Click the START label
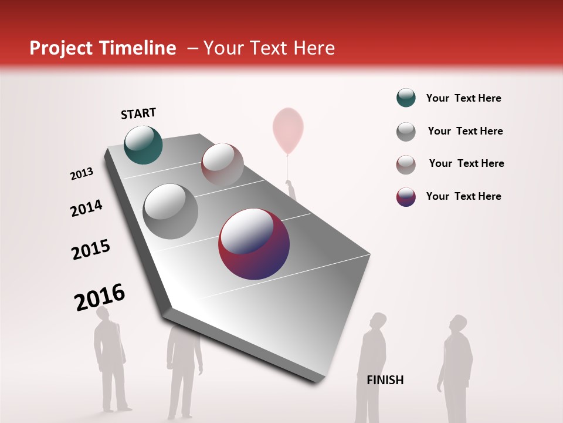pos(138,113)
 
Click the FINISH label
pos(385,380)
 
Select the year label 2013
pos(82,174)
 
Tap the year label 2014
pos(86,209)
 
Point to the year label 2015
pos(91,250)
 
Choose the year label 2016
pos(100,297)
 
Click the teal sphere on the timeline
pos(143,145)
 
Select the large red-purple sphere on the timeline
pos(254,243)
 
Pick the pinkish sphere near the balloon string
pos(222,164)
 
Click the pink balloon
pos(288,129)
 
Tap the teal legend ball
pos(406,98)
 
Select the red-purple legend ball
pos(406,197)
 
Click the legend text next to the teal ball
pos(463,98)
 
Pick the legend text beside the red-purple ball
pos(463,196)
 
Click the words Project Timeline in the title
pos(103,48)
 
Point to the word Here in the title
pos(313,48)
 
